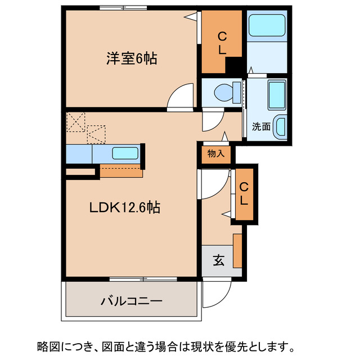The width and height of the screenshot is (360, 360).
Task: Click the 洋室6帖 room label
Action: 131,57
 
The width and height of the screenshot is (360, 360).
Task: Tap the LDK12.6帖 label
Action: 125,208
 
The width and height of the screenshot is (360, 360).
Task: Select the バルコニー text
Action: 132,301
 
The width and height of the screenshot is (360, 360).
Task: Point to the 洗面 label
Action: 261,127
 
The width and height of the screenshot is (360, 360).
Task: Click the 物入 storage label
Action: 215,154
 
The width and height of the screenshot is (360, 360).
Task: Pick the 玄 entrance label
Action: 218,261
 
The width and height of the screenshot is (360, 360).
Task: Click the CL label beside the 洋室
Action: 222,44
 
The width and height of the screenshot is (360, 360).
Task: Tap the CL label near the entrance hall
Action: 244,193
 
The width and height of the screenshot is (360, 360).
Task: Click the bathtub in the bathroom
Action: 268,25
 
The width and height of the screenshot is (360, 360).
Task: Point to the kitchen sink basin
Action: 125,153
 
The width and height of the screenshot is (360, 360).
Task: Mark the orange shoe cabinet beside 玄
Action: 237,250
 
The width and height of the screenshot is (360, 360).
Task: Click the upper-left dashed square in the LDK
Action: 75,122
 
